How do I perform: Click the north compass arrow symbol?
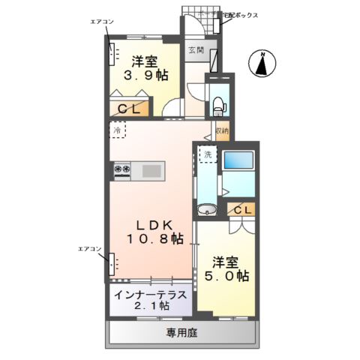(263, 64)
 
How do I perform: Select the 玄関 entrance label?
(195, 50)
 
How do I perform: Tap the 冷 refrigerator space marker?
(117, 130)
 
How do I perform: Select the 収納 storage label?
(221, 131)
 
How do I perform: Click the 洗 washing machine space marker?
(207, 154)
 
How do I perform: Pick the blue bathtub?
(239, 160)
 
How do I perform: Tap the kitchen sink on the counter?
(151, 171)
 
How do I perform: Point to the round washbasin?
(207, 209)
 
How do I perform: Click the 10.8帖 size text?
(154, 240)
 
